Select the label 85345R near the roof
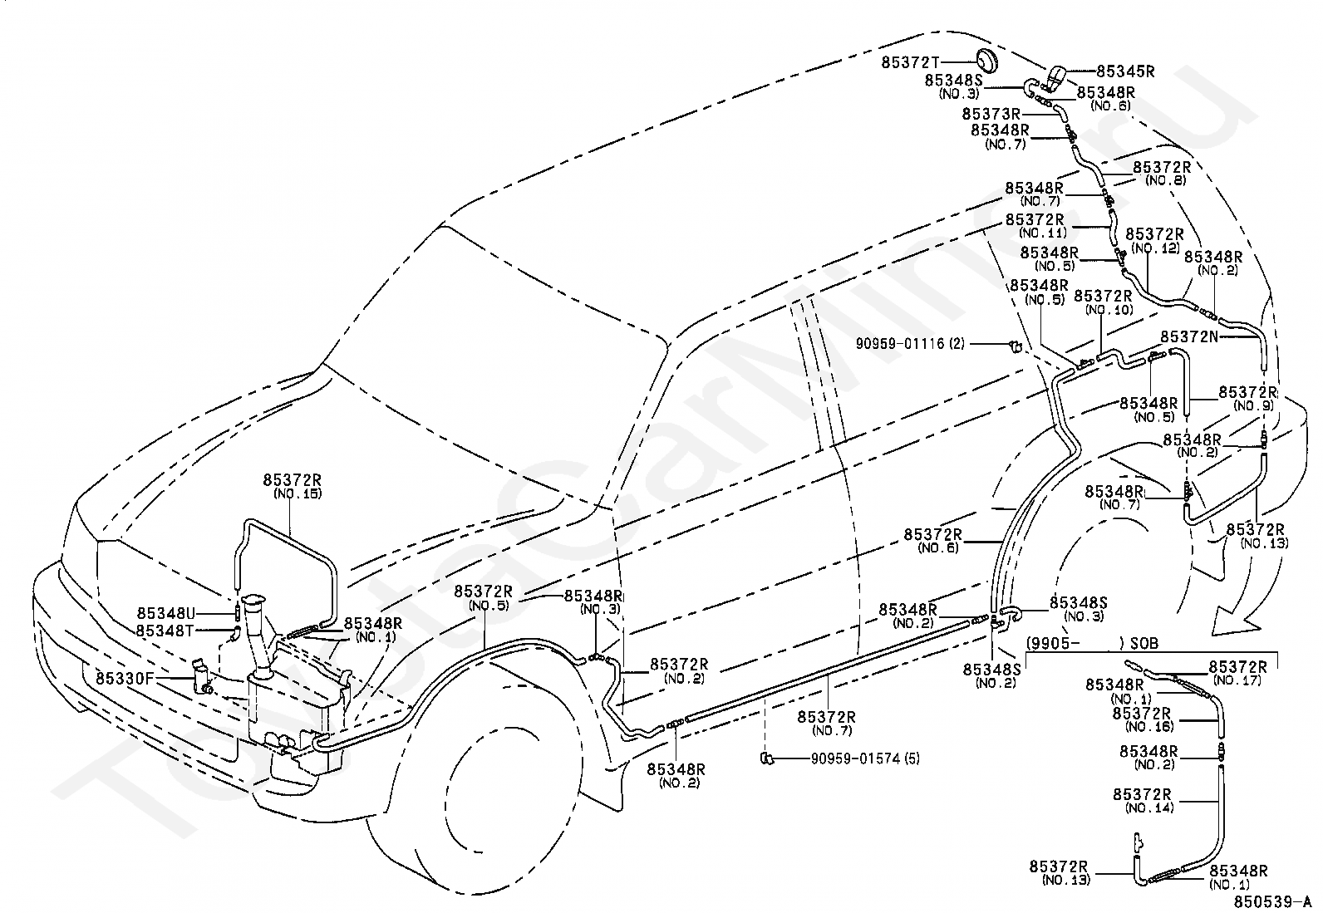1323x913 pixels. point(1125,71)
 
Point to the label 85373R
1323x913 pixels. point(991,113)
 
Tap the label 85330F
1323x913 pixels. point(125,679)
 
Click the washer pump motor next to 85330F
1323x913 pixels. point(202,677)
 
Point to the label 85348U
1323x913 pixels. point(166,613)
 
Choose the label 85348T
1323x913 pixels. point(165,631)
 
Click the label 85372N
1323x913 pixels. point(1189,336)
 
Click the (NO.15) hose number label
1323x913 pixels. point(298,493)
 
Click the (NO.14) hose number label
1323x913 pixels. point(1149,807)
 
